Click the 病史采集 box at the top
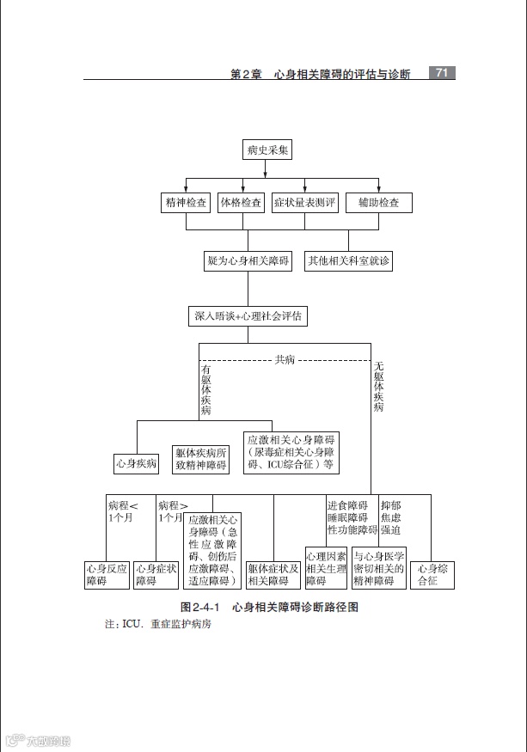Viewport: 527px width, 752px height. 268,150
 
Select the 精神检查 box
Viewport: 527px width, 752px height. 186,203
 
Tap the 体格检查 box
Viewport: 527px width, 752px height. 242,203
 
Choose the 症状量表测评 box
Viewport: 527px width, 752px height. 305,203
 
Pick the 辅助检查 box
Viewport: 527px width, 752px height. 378,203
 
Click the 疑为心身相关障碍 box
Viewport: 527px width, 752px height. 248,260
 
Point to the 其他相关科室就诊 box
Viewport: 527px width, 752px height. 348,260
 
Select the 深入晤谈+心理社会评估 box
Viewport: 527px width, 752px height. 248,316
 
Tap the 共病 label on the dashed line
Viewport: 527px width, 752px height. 285,359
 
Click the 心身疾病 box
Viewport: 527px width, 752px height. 137,463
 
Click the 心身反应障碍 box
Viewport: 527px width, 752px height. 107,575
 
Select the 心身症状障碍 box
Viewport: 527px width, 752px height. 156,575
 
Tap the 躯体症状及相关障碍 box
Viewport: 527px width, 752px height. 273,575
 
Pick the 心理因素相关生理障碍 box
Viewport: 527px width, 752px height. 327,569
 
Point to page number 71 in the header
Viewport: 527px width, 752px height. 441,73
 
